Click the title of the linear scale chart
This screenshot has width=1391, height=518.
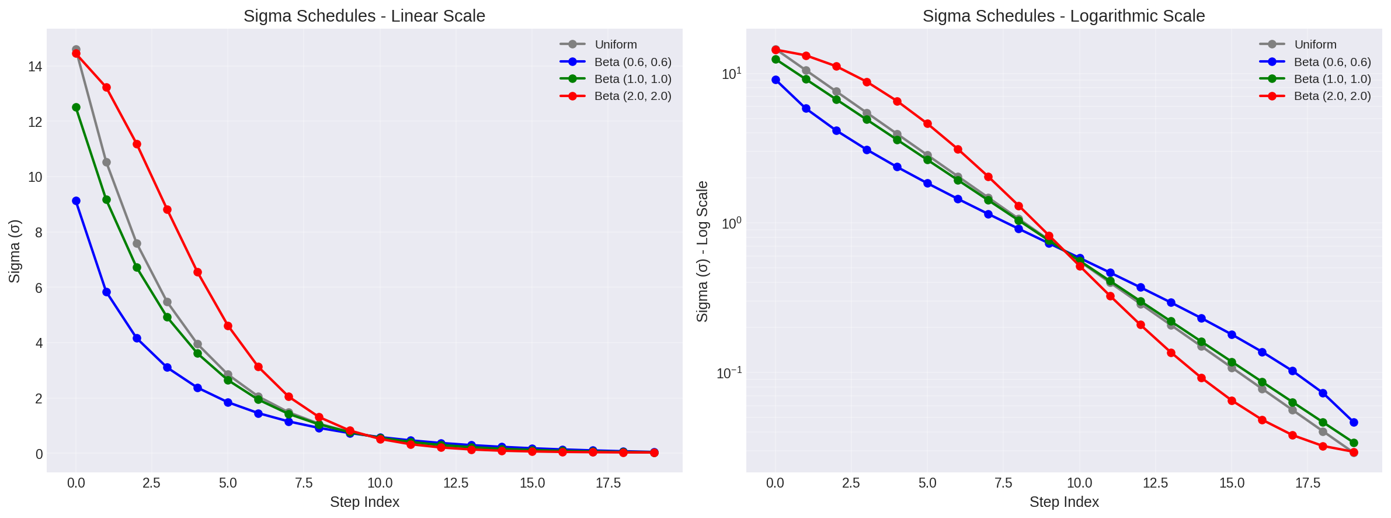[x=364, y=16]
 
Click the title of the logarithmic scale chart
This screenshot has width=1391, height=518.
[x=1063, y=16]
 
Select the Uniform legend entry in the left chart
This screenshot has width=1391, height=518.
[x=615, y=44]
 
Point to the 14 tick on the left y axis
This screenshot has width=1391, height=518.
[x=35, y=67]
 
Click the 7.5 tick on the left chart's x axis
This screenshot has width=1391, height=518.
[x=304, y=483]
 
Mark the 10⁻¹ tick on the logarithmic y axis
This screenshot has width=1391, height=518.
[x=729, y=373]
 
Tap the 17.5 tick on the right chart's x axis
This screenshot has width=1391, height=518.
[x=1307, y=483]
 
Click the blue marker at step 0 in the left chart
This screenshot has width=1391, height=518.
[x=76, y=201]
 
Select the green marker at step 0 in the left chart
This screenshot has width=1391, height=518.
[x=76, y=107]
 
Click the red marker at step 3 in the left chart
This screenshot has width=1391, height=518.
[x=167, y=209]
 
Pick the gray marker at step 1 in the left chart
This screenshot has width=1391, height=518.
[x=106, y=162]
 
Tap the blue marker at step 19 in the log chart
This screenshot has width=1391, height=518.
[x=1354, y=422]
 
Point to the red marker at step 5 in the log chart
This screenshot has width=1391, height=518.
[x=927, y=124]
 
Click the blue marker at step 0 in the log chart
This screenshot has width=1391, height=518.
[x=776, y=80]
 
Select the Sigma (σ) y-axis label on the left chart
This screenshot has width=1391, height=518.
[x=15, y=251]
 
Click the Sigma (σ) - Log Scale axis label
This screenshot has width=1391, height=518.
[x=703, y=251]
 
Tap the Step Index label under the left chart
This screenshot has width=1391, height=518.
[x=364, y=502]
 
